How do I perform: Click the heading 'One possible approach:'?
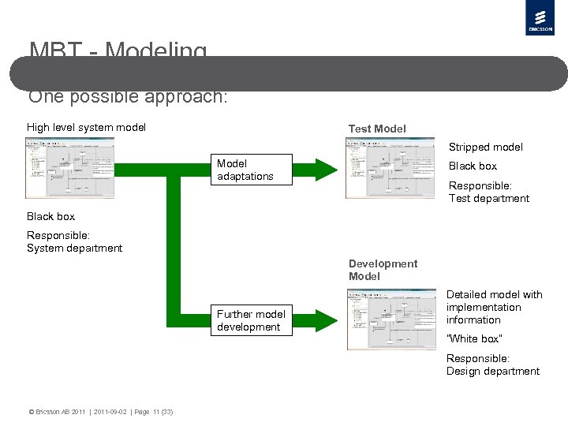coord(128,97)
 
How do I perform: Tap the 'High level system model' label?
coord(86,127)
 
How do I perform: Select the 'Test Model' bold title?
coord(377,129)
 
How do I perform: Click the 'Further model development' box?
coord(251,320)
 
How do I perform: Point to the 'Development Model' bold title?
coord(383,270)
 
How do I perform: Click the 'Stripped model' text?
coord(485,147)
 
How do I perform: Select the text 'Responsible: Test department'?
coord(489,192)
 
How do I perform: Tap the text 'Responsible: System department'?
coord(75,241)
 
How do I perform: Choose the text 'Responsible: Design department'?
coord(493,364)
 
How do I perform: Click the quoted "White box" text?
coord(474,338)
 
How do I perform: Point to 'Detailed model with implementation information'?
coord(495,307)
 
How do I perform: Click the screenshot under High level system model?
coord(70,167)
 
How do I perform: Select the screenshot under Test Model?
coord(390,168)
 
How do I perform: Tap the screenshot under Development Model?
coord(391,319)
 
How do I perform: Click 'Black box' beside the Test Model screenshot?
coord(473,166)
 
